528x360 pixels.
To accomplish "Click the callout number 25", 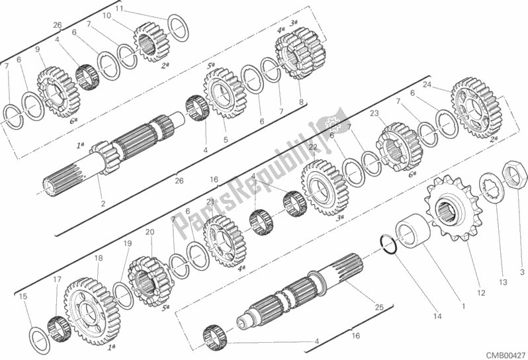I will (378, 306).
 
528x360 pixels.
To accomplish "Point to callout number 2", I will (103, 203).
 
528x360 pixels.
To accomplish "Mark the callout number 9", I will (37, 50).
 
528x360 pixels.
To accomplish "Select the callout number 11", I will (118, 9).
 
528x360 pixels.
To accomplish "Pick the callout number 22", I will (313, 147).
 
